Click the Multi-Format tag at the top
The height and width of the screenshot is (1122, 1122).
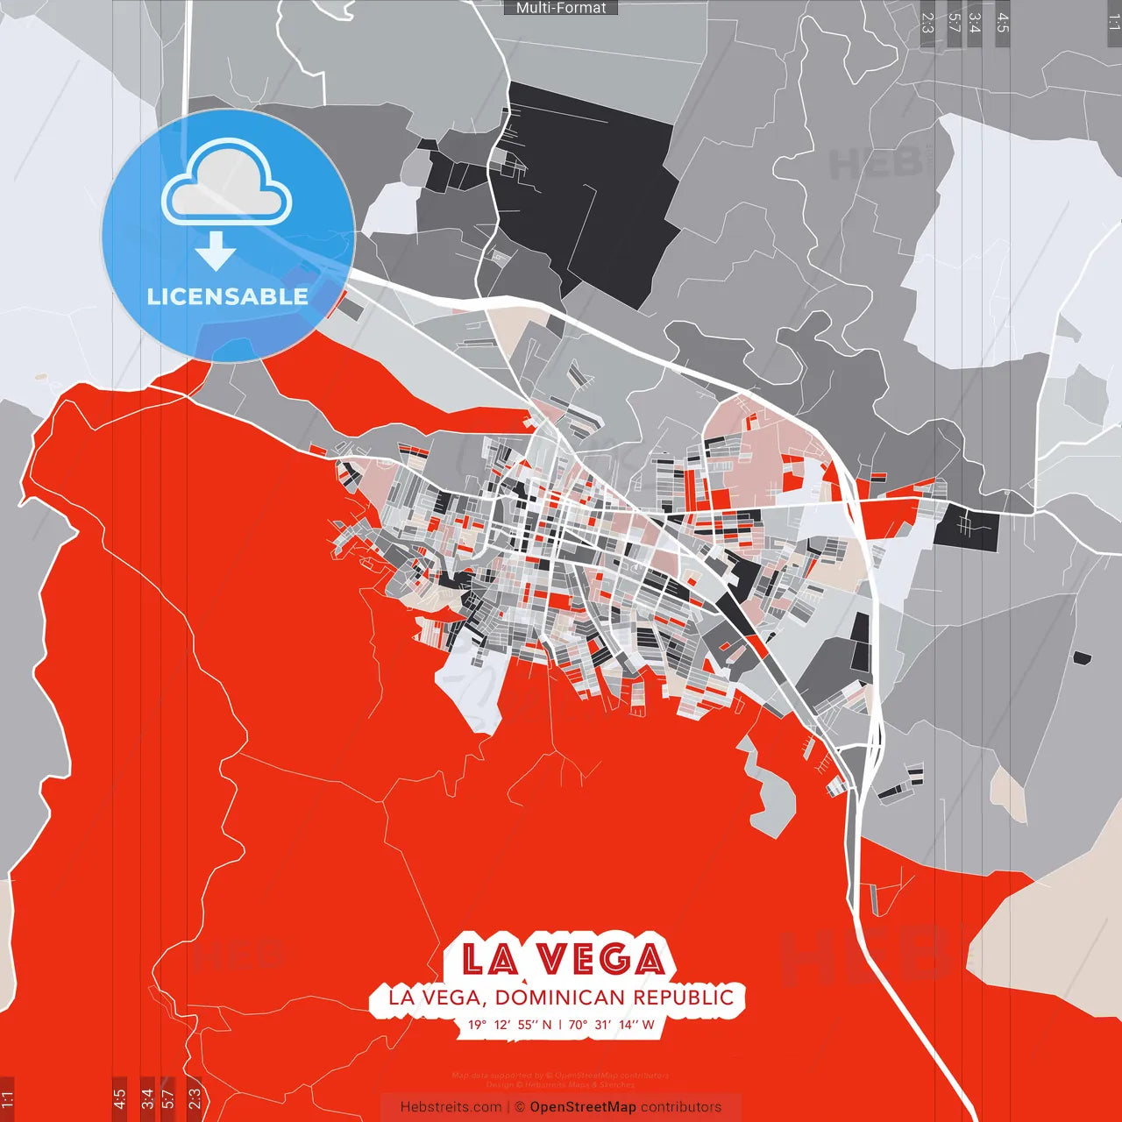[561, 8]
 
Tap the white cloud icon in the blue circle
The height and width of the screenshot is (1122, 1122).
[227, 183]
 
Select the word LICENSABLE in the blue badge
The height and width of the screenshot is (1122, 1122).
[228, 296]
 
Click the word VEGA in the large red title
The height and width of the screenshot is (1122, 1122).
[601, 960]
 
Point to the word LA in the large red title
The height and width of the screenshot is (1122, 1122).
[488, 960]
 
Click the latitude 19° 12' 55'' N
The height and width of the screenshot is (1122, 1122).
[509, 1025]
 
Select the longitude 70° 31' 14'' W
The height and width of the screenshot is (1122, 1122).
[611, 1025]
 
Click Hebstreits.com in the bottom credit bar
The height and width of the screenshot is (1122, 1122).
[451, 1107]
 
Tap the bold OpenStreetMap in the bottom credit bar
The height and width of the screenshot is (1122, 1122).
[583, 1107]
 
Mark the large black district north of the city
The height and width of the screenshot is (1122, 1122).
[587, 184]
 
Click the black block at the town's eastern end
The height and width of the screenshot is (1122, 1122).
[967, 529]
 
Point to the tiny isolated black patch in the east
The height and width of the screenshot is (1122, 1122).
[1083, 657]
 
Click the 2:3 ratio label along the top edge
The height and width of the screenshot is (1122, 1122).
[927, 22]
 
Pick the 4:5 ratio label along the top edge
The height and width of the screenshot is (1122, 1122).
[1003, 22]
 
